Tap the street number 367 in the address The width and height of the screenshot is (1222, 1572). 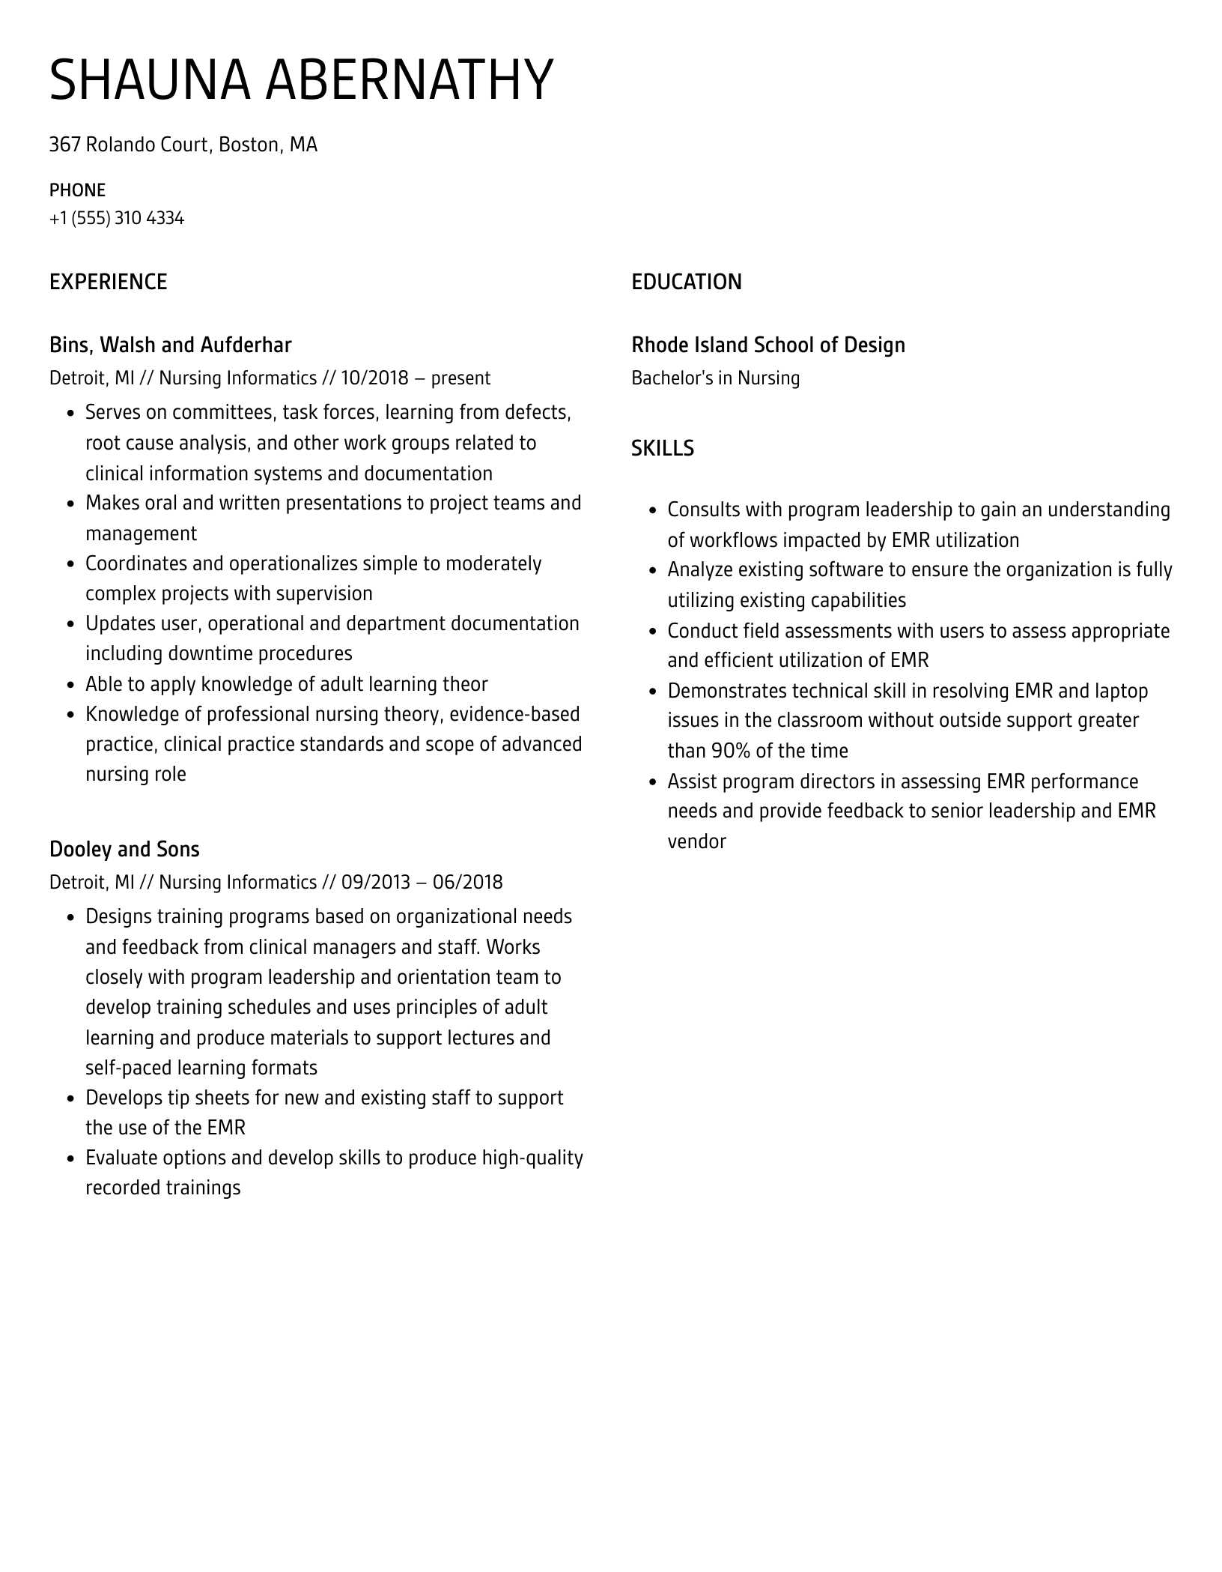(x=64, y=145)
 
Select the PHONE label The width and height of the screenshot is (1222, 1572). (x=77, y=190)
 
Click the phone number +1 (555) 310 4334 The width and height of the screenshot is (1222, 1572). (x=117, y=219)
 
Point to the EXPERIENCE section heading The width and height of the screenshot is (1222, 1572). (x=108, y=282)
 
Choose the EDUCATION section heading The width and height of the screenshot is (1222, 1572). (x=686, y=282)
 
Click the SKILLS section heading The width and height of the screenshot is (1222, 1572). (x=662, y=448)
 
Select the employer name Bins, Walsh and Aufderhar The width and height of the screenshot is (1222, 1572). (x=170, y=345)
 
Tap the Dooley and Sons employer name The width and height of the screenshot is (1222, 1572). (x=124, y=850)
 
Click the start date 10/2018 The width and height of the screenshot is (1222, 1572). (x=374, y=378)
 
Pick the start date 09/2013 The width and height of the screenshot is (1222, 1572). (x=375, y=883)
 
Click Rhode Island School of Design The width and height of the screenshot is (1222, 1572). (x=767, y=345)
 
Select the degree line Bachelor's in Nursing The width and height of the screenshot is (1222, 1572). (x=715, y=378)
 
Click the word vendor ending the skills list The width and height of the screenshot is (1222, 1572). (x=696, y=841)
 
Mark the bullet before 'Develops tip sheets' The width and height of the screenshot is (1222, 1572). (x=70, y=1099)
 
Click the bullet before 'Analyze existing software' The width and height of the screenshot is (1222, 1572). (x=652, y=571)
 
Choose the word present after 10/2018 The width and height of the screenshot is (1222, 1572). (x=460, y=378)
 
